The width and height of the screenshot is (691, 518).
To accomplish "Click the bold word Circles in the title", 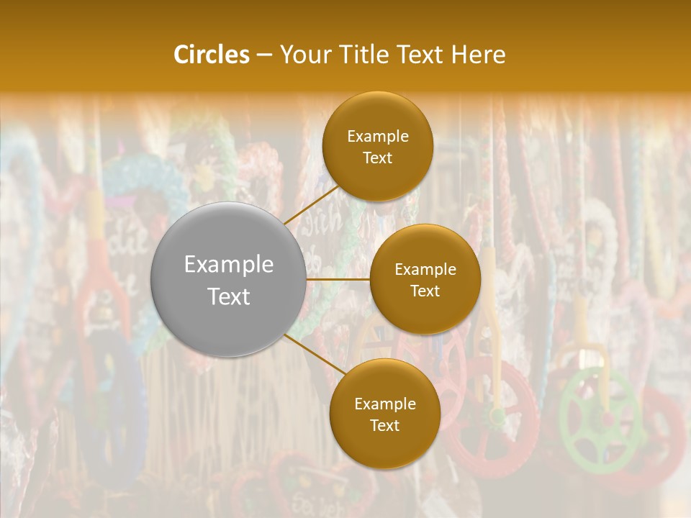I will coord(211,55).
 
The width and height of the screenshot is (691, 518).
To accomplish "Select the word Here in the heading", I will coord(478,55).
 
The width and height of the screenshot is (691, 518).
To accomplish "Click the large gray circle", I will coord(229,279).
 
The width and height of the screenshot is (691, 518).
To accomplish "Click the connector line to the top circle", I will coord(311,204).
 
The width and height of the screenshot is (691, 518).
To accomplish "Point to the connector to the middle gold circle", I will coord(338,279).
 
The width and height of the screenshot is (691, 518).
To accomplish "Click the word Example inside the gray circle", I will coord(229,265).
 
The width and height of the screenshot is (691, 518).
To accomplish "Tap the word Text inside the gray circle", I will coord(229,296).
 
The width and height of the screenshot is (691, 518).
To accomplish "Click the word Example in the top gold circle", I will coord(378,137).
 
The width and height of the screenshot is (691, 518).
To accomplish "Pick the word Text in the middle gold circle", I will coord(425,291).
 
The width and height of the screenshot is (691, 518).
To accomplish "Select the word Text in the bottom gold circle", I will coord(384,426).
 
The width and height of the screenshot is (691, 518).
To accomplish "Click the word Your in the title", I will coord(299,55).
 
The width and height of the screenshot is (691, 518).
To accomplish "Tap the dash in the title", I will coord(263,55).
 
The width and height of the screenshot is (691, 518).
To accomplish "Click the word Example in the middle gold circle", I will coord(425,270).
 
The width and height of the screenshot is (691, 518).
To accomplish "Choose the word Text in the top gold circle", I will coord(378,158).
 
